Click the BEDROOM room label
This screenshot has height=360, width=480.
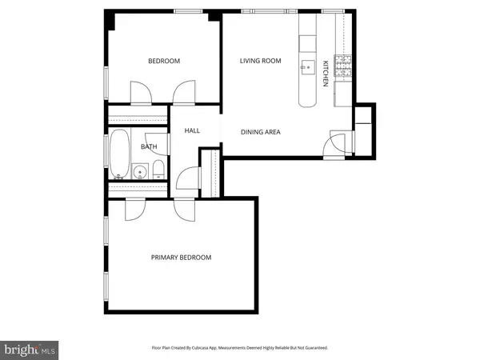[x=164, y=61]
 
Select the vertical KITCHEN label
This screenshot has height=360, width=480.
[x=326, y=74]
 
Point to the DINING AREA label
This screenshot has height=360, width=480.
[x=262, y=132]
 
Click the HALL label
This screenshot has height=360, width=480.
[x=192, y=131]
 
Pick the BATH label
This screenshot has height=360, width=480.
[x=149, y=146]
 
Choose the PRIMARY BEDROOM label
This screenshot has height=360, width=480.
[x=182, y=257]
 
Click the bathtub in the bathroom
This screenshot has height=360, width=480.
[x=119, y=154]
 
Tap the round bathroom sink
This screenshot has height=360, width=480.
[x=141, y=170]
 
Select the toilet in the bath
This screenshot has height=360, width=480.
[x=158, y=169]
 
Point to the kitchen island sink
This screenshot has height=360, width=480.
[x=307, y=66]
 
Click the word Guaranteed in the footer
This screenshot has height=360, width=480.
[x=314, y=348]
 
